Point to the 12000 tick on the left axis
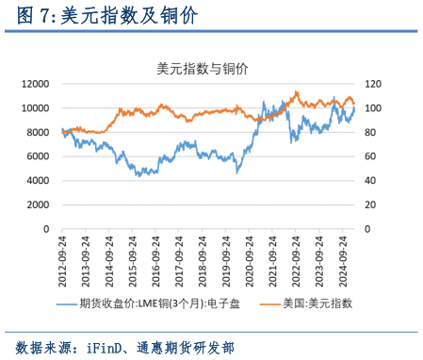[x=35, y=84]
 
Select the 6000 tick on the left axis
[x=38, y=156]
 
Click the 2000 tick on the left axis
[x=38, y=205]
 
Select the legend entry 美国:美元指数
[x=319, y=303]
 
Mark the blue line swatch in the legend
[x=67, y=303]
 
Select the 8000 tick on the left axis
[x=38, y=132]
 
